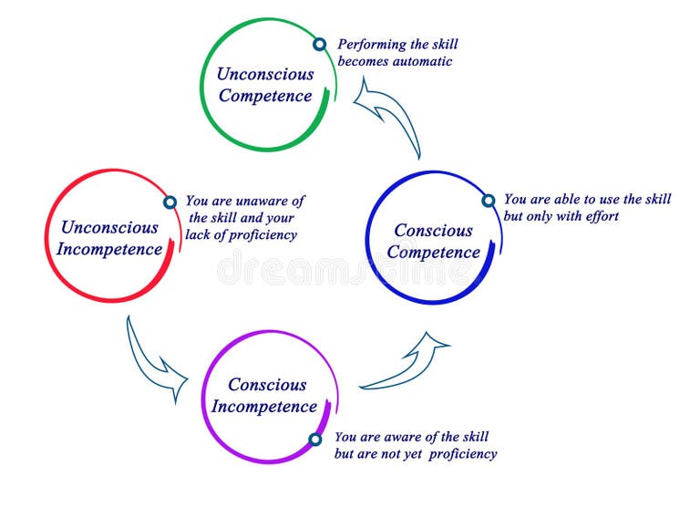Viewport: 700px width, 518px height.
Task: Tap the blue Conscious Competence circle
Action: click(x=432, y=239)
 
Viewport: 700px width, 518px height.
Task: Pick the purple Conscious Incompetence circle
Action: click(x=268, y=395)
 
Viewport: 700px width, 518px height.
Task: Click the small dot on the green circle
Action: click(x=319, y=44)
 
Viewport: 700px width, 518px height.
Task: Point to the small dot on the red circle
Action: click(x=170, y=202)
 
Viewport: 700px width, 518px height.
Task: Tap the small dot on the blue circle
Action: click(x=488, y=201)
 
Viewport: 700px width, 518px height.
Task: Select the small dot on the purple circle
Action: click(x=315, y=439)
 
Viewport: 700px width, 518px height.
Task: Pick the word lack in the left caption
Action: click(x=200, y=235)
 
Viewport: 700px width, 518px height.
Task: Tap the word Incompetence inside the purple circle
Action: click(x=264, y=407)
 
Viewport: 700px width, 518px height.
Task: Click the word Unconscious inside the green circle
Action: click(x=265, y=74)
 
